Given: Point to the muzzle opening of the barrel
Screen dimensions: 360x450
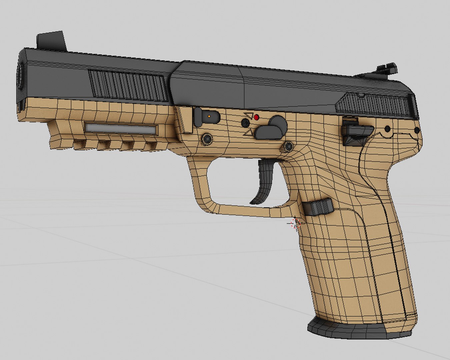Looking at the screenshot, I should point(21,76).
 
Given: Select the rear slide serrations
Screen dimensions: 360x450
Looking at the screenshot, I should point(373,103).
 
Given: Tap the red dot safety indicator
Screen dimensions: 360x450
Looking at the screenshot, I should point(257,117).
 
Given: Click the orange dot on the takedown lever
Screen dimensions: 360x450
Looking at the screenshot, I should point(209,116).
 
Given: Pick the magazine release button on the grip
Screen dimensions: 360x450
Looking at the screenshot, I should point(318,207).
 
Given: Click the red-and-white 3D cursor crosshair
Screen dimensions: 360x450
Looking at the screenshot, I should point(295,224).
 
